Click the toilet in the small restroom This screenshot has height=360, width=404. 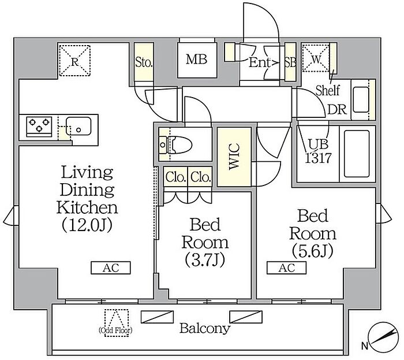point(175,144)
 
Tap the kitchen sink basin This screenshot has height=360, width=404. point(78,126)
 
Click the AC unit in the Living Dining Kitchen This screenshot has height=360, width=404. point(111,268)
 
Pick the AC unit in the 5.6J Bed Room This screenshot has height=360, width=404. point(286,268)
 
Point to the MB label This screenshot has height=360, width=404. point(197,60)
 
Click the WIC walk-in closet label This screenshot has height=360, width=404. point(234,157)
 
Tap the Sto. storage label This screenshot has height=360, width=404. point(144,62)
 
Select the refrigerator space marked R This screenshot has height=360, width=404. point(74,61)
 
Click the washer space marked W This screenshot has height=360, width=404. point(316,58)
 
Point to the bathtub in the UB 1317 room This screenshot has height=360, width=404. point(357,154)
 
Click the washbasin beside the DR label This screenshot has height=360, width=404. point(361,99)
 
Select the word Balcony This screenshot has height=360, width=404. point(205,329)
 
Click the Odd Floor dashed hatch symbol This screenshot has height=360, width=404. point(117,323)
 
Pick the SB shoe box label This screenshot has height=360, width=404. point(290,62)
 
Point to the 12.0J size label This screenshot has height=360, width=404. point(87,225)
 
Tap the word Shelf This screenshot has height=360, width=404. point(328,90)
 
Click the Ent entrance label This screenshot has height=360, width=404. point(260,62)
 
